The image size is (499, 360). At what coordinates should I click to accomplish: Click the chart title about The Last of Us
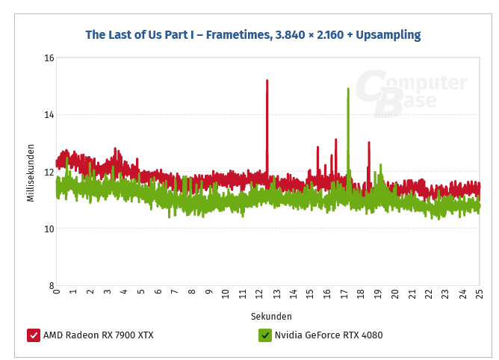click(x=252, y=34)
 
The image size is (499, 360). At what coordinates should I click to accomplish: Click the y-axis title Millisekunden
click(x=31, y=172)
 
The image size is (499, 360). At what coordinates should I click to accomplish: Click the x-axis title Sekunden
click(x=271, y=316)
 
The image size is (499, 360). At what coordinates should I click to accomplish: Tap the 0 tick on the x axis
click(x=57, y=294)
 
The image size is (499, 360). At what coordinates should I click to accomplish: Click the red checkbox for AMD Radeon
click(x=34, y=335)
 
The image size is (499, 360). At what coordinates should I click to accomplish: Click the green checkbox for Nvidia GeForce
click(x=264, y=335)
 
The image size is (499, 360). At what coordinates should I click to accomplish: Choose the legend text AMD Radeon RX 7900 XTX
click(x=98, y=335)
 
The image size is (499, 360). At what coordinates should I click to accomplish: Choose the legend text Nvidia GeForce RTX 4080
click(x=329, y=335)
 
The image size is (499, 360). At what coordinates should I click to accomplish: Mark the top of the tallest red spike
click(x=267, y=81)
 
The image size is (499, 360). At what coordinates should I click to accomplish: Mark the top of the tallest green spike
click(x=348, y=89)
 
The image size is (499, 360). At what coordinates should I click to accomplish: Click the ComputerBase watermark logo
click(x=410, y=93)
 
